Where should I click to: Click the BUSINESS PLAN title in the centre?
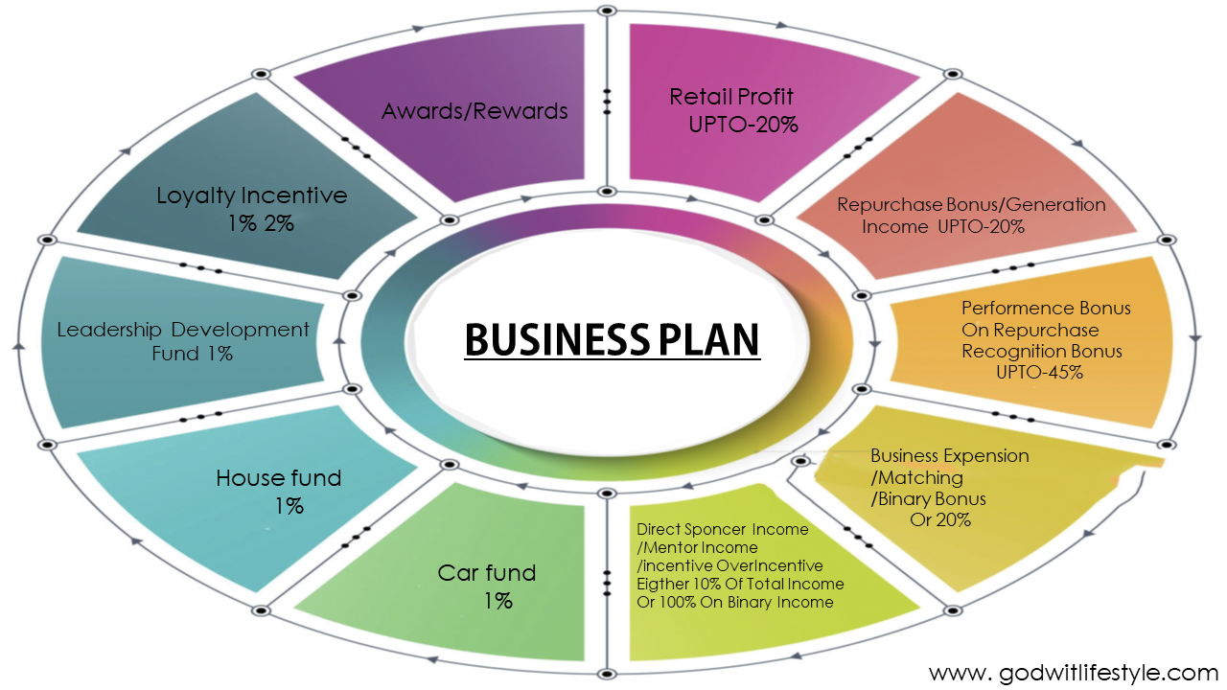point(612,340)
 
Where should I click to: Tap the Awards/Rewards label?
point(475,111)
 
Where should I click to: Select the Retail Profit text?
point(731,97)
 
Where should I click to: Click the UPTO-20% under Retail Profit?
point(743,125)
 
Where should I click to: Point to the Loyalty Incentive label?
point(251,195)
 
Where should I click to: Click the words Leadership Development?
point(183,330)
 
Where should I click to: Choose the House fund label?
point(278,477)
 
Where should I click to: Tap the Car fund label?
point(487,573)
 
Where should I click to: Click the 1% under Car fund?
point(498,601)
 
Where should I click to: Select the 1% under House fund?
point(289,506)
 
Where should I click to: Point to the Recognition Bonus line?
point(1041,352)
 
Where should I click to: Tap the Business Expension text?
point(949,455)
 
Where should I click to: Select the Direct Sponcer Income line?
point(722,529)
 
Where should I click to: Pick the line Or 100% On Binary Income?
point(734,602)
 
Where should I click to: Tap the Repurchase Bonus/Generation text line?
point(971,204)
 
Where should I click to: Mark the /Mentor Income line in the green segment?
point(697,547)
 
